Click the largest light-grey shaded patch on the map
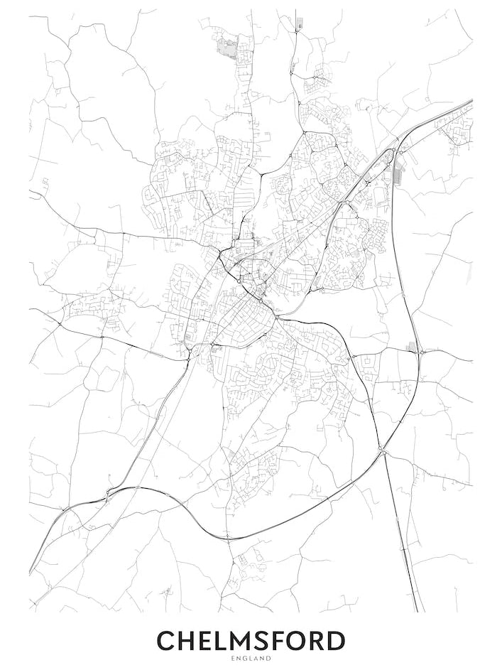(x=228, y=48)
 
